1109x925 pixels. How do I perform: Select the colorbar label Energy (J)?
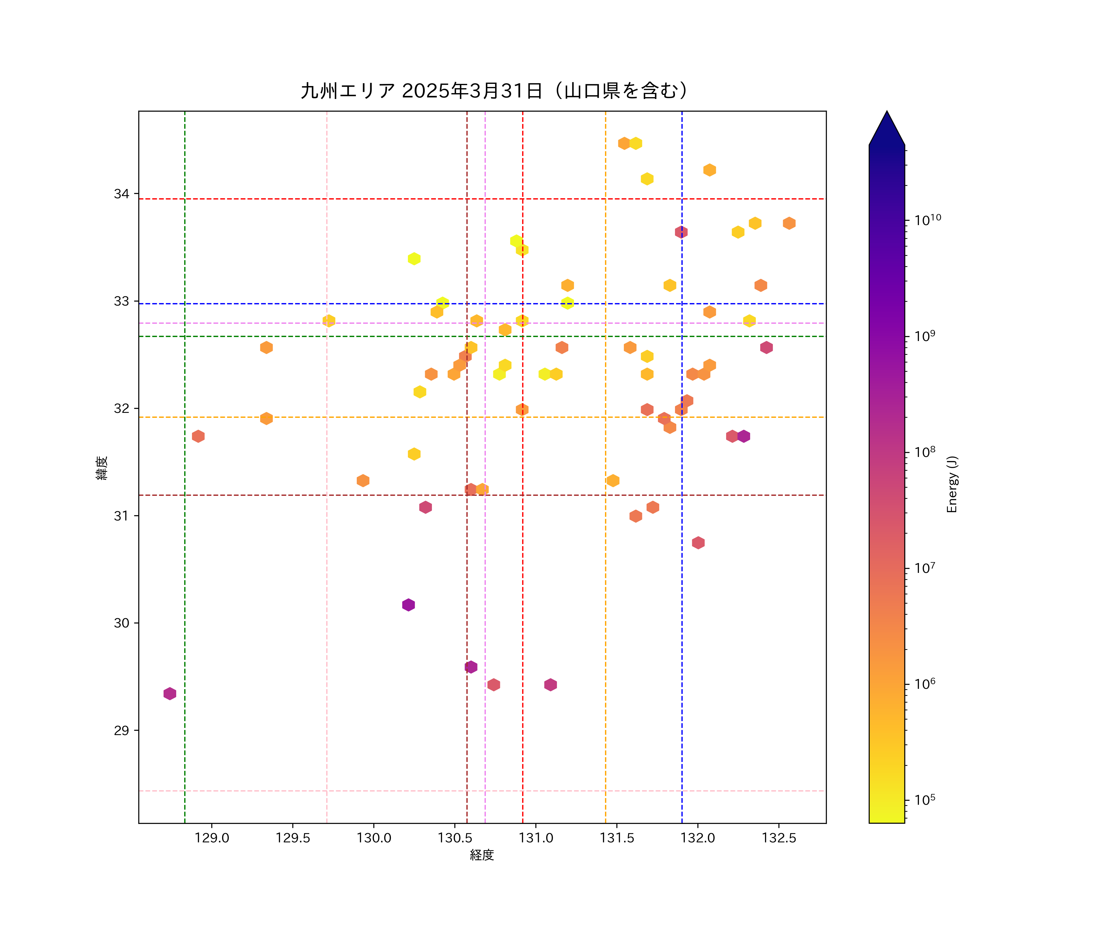[x=952, y=484]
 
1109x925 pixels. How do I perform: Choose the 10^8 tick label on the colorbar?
[x=925, y=452]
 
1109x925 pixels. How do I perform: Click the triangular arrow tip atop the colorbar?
[x=887, y=127]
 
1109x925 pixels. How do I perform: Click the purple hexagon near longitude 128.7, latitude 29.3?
[x=169, y=693]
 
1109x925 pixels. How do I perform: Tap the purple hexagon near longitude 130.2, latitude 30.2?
[x=408, y=605]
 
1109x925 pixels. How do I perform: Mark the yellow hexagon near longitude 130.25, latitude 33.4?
[x=414, y=258]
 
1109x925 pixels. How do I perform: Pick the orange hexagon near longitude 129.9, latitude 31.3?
[x=363, y=480]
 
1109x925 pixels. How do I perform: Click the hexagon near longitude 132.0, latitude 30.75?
[x=698, y=543]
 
